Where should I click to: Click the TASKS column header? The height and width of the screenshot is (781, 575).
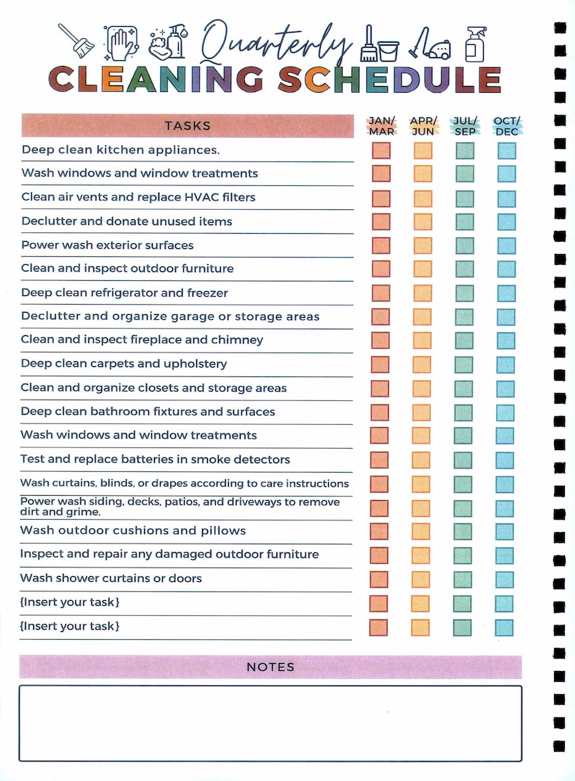[188, 125]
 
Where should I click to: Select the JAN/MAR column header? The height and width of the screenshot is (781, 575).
[382, 126]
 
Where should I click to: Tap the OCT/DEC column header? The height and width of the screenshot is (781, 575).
[507, 126]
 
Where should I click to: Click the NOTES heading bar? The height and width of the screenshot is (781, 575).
[271, 667]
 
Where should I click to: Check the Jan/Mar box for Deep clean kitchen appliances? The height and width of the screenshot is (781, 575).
[381, 151]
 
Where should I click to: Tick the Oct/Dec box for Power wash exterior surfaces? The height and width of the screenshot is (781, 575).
[506, 245]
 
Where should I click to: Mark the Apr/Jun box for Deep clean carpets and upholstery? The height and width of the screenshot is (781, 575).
[421, 365]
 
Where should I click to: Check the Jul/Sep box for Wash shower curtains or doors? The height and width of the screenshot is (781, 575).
[463, 579]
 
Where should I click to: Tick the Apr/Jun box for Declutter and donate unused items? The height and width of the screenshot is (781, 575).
[422, 221]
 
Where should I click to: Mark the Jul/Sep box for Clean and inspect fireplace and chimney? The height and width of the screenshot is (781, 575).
[464, 341]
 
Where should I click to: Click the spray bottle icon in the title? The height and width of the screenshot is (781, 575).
[475, 44]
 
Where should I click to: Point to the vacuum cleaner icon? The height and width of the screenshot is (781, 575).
[430, 43]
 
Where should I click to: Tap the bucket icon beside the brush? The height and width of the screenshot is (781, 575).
[388, 51]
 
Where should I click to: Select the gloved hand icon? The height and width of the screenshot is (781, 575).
[121, 43]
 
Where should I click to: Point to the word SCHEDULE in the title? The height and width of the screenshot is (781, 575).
[390, 80]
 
